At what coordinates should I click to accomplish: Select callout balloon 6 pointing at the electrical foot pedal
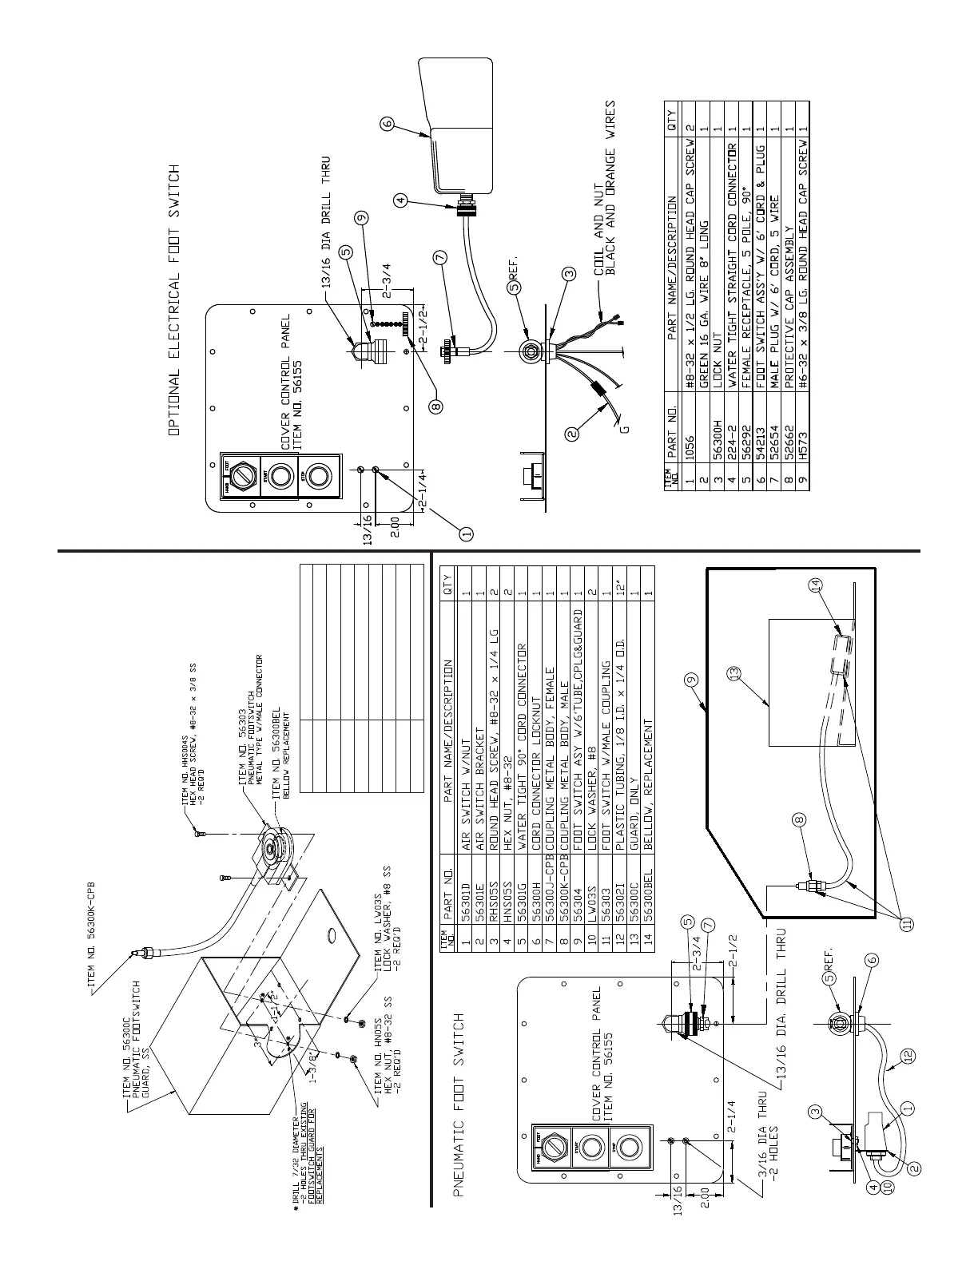tap(387, 124)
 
